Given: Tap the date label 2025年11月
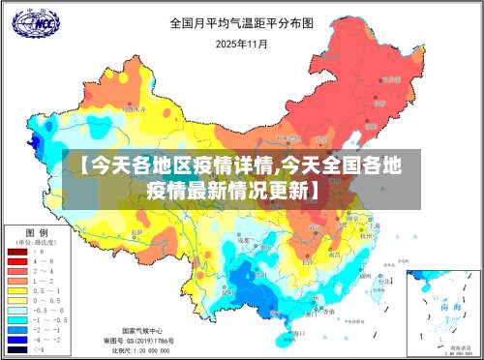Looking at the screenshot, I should [x=242, y=44].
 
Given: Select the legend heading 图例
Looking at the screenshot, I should [x=38, y=233].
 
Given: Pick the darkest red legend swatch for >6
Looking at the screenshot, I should [x=17, y=252].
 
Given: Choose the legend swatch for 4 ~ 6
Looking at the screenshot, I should [x=17, y=261].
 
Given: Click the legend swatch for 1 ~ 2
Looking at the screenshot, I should [x=17, y=281].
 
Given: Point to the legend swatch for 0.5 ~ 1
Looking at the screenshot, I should [x=17, y=290].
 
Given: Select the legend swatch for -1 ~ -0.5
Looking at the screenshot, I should [x=17, y=319].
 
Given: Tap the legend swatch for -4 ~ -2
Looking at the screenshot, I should [x=17, y=339].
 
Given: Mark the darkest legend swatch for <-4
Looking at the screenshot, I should [x=17, y=348].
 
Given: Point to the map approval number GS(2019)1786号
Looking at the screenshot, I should [x=146, y=341].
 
